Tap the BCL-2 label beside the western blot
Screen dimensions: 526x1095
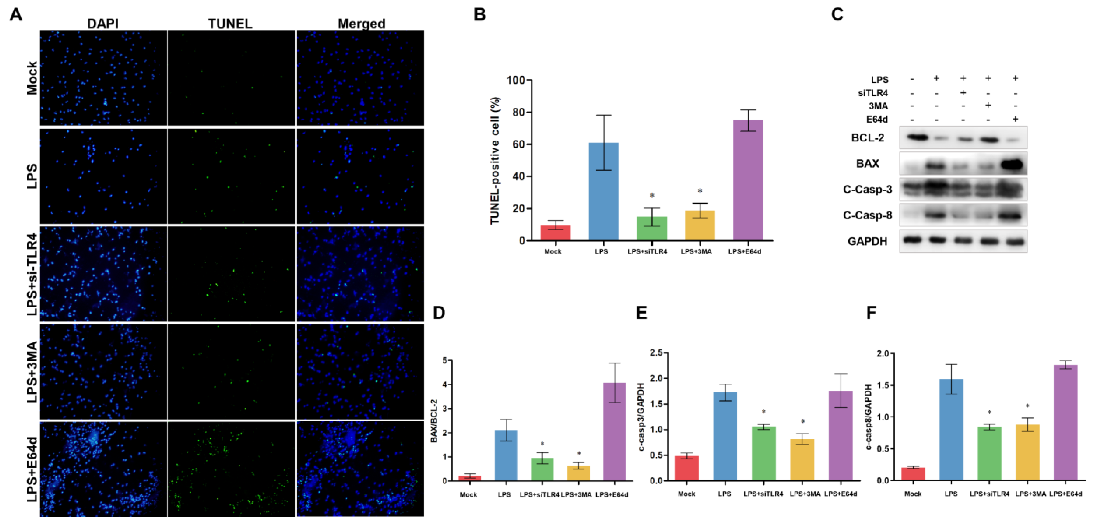pyautogui.click(x=867, y=138)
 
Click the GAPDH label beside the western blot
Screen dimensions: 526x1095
pyautogui.click(x=867, y=241)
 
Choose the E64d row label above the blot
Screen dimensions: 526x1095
pyautogui.click(x=877, y=119)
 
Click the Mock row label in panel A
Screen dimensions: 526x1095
pyautogui.click(x=32, y=78)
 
